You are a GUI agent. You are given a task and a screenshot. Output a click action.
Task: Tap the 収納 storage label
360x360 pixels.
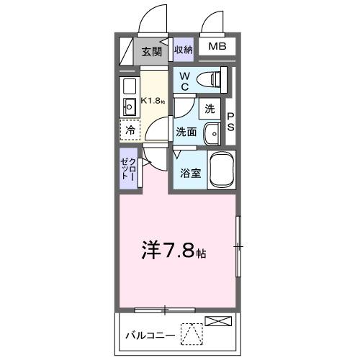184,50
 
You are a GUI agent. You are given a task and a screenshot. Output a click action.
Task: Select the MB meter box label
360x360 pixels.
216,48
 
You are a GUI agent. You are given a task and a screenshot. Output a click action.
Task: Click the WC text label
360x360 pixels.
184,80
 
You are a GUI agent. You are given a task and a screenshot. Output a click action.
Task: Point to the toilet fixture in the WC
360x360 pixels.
212,78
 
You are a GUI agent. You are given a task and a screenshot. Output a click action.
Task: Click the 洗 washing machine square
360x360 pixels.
210,109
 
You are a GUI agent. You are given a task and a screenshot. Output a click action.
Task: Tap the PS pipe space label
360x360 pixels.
231,122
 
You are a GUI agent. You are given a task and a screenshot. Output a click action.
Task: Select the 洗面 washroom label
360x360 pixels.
186,132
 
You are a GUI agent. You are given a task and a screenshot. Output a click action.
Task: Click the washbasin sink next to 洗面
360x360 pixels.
212,133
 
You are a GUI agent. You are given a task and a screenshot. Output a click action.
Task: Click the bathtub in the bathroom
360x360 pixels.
221,170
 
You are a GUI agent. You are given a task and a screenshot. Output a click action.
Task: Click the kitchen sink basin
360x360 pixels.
130,108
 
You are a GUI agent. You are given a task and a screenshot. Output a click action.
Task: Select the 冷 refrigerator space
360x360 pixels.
130,131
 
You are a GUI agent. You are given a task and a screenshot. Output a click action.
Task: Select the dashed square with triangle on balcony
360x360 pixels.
190,334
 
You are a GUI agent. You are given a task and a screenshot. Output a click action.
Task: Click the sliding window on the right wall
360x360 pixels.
238,247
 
